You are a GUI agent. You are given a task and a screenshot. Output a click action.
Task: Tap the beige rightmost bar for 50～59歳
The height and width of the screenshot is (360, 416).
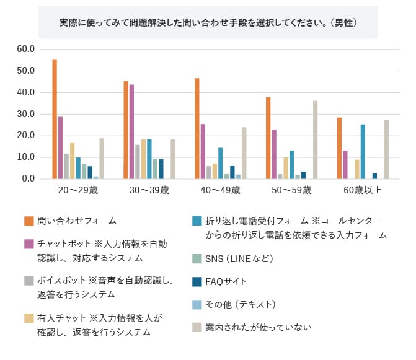315,140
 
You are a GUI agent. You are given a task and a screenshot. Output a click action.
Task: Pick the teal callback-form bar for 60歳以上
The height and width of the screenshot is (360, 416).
363,152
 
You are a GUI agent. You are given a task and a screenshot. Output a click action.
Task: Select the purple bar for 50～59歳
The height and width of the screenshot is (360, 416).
274,154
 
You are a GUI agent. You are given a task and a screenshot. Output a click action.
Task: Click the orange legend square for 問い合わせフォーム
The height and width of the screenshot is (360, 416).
29,221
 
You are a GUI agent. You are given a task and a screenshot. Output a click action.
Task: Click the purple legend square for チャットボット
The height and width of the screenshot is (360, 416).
29,244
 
